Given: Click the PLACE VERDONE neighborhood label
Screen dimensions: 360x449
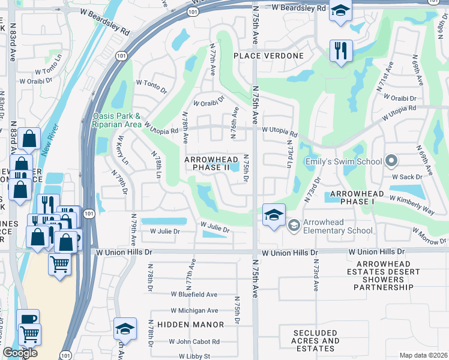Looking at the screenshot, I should pos(268,56).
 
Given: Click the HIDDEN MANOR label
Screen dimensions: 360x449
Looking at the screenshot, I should pos(190,325).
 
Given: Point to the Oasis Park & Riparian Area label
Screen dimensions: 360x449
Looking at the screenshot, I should pos(116,120).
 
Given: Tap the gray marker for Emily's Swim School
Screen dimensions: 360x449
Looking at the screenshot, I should pos(391,161).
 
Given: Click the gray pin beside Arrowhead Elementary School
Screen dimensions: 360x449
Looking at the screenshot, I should pos(294,225).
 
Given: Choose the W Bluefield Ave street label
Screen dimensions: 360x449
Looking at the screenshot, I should pos(194,295).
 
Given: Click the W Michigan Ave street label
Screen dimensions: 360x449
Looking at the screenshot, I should pos(194,311).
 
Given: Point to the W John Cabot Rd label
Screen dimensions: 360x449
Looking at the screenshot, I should pos(194,341).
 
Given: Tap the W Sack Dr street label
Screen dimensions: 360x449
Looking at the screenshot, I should pos(408,178).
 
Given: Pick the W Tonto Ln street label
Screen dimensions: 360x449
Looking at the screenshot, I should pos(49,63).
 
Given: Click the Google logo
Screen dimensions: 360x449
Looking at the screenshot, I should pos(20,353).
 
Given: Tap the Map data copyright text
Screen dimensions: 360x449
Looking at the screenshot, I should pos(423,355).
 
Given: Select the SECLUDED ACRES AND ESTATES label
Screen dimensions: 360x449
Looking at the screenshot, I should pos(316,340).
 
